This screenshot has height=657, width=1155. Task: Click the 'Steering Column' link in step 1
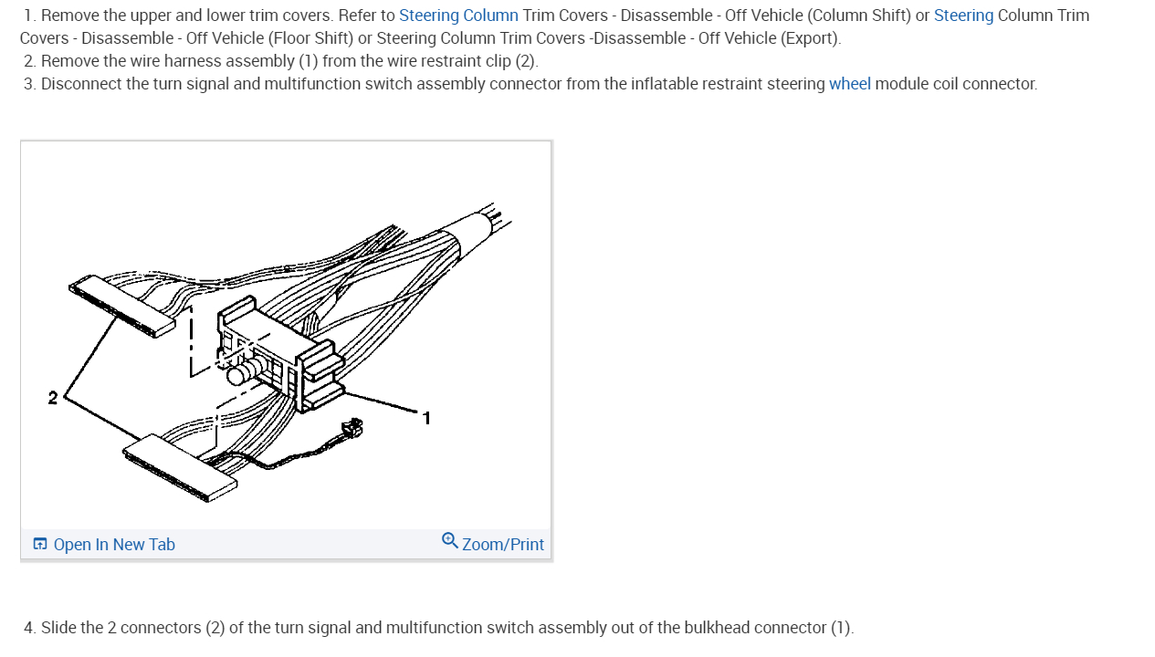point(458,16)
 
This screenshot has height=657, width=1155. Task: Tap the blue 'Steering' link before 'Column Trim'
point(963,16)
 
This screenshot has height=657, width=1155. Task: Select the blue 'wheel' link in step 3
point(849,84)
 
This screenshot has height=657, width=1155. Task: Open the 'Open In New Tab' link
point(114,545)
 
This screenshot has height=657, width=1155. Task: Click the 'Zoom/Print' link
point(502,545)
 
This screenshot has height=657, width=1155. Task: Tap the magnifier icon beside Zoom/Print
point(450,541)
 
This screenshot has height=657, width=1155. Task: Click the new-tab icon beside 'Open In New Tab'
point(40,545)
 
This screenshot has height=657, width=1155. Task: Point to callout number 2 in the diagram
point(53,398)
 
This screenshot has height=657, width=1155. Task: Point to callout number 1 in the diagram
point(426,418)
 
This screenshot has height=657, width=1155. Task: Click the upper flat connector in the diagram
point(122,306)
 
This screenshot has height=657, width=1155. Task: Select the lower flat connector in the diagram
point(181,467)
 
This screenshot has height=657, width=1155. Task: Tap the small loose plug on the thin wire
point(352,427)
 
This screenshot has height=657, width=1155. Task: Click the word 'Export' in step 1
point(811,38)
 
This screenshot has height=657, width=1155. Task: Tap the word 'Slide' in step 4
point(58,628)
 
